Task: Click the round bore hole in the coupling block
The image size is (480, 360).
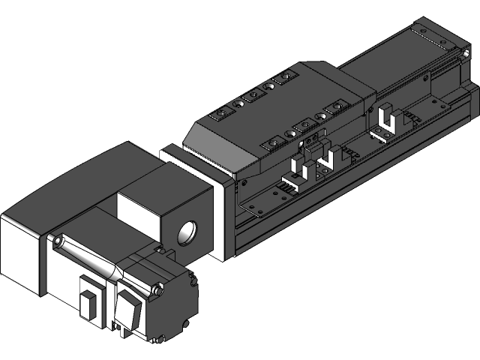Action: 187,232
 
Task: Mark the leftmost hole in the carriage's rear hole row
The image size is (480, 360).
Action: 220,112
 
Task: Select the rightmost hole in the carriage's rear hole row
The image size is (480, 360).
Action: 285,77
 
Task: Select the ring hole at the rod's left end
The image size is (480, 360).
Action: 59,241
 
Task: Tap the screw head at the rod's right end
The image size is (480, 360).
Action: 156,289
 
